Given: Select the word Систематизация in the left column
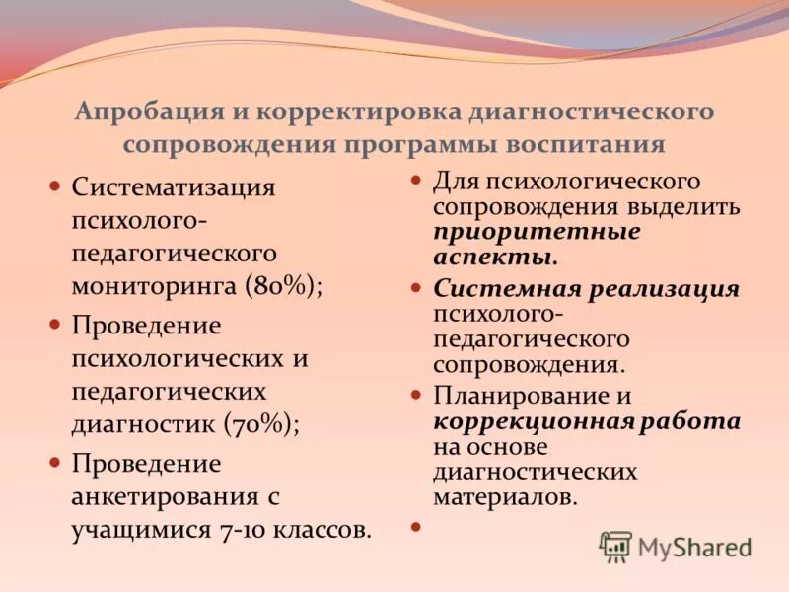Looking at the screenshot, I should pos(174,186).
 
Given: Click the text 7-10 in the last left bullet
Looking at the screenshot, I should pos(251,530).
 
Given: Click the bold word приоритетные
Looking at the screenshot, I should pos(537,233).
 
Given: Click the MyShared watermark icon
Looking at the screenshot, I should pos(615,546).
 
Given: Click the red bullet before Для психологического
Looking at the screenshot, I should pos(415,181).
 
